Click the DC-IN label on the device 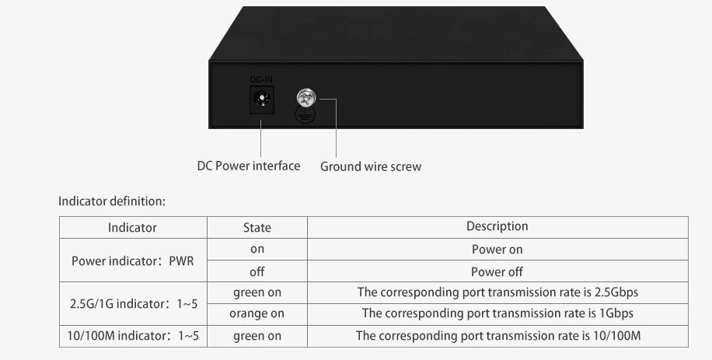coord(260,79)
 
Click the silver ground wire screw coord(306,99)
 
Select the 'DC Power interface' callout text coord(248,166)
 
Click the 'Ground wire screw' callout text coord(371,166)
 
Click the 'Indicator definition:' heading coord(112,201)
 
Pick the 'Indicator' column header coord(132,228)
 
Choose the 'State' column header coord(257,228)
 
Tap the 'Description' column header coord(497,226)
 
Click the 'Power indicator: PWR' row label coord(133,261)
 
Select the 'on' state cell coord(257,250)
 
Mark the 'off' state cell coord(257,272)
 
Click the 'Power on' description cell coord(497,250)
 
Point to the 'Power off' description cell coord(497,272)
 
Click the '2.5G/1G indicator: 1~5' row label coord(133,303)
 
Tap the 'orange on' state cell coord(257,314)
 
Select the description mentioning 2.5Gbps coord(497,292)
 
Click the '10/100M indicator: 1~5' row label coord(133,336)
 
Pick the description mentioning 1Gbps coord(497,314)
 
